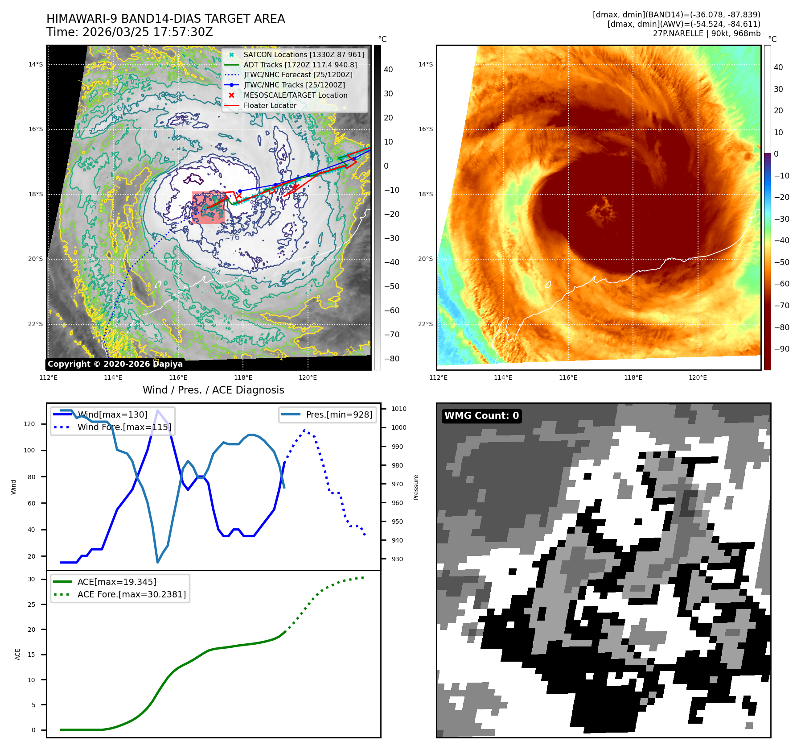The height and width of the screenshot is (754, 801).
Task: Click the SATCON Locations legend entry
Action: pyautogui.click(x=304, y=54)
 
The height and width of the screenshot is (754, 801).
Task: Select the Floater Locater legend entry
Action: pyautogui.click(x=270, y=105)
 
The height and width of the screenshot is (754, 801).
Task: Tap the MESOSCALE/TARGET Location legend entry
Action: pyautogui.click(x=295, y=95)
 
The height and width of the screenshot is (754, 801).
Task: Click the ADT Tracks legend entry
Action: pyautogui.click(x=300, y=65)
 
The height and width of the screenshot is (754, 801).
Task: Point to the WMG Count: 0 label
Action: pyautogui.click(x=481, y=416)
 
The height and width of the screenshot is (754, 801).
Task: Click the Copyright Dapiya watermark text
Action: pyautogui.click(x=115, y=364)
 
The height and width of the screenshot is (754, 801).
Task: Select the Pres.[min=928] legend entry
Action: pyautogui.click(x=339, y=414)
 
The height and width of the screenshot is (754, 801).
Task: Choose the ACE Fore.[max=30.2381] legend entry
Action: pyautogui.click(x=131, y=594)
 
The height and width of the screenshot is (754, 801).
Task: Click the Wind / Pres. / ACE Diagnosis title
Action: pyautogui.click(x=213, y=390)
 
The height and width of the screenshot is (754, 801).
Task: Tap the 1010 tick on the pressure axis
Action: pyautogui.click(x=398, y=409)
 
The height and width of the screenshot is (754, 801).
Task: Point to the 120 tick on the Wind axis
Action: pyautogui.click(x=29, y=424)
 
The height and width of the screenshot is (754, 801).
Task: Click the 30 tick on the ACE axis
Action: pyautogui.click(x=31, y=579)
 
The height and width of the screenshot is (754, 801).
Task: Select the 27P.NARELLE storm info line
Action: pyautogui.click(x=707, y=33)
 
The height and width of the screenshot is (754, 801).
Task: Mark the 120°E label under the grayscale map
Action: pyautogui.click(x=308, y=377)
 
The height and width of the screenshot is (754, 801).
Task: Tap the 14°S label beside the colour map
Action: pyautogui.click(x=425, y=64)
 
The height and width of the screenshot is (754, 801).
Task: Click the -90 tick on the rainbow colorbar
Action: pyautogui.click(x=781, y=349)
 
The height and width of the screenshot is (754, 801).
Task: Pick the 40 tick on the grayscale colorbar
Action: pyautogui.click(x=388, y=70)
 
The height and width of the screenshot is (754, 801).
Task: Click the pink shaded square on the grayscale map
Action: pyautogui.click(x=208, y=207)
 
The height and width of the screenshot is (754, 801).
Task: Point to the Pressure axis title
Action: pyautogui.click(x=416, y=487)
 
